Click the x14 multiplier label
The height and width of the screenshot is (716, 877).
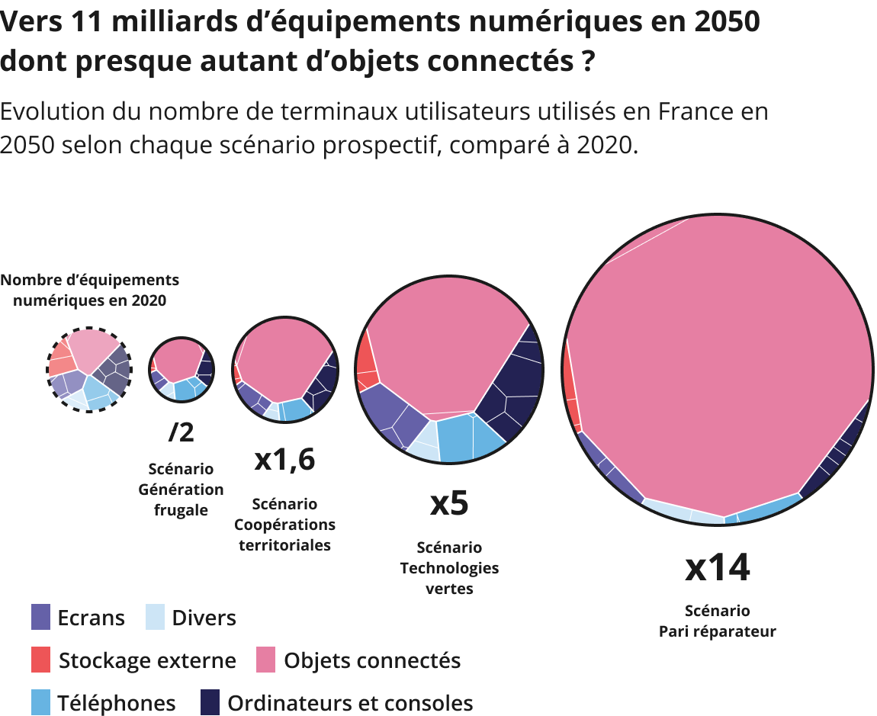pyautogui.click(x=717, y=567)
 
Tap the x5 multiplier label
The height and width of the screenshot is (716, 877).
pyautogui.click(x=449, y=504)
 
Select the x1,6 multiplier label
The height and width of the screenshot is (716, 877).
pyautogui.click(x=284, y=460)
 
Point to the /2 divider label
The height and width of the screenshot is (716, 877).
pyautogui.click(x=182, y=432)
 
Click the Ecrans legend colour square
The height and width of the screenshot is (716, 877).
pyautogui.click(x=41, y=617)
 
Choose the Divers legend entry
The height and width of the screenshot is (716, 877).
pyautogui.click(x=191, y=617)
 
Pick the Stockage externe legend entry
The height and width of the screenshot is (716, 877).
pyautogui.click(x=133, y=660)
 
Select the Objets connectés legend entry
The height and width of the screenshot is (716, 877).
pyautogui.click(x=358, y=660)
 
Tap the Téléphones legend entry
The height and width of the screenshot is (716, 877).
pyautogui.click(x=103, y=703)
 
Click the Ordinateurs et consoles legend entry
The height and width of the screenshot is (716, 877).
pyautogui.click(x=336, y=703)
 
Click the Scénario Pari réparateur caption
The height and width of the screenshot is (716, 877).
pyautogui.click(x=717, y=621)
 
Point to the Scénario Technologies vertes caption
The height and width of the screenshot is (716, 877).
pyautogui.click(x=449, y=568)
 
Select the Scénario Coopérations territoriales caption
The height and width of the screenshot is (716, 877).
pyautogui.click(x=284, y=524)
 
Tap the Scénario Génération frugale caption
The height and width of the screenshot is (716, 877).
pyautogui.click(x=182, y=489)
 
